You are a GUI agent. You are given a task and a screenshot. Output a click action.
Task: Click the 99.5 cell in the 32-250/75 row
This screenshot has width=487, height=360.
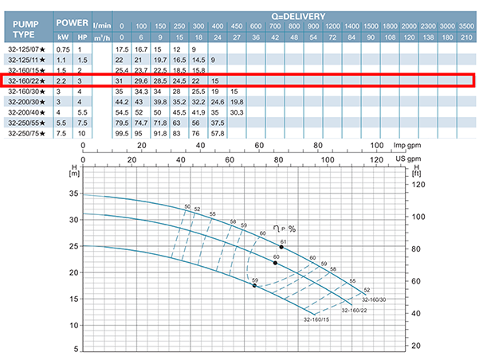(x=122, y=133)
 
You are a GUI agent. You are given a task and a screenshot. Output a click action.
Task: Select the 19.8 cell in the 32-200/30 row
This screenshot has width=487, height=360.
(x=237, y=102)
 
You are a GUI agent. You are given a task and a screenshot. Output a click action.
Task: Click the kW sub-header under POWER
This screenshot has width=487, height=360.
(x=63, y=37)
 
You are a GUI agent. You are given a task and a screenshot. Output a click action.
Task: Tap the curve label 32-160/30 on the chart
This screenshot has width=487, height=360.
(x=373, y=299)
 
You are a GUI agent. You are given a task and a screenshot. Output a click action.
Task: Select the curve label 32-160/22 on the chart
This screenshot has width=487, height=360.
(x=354, y=310)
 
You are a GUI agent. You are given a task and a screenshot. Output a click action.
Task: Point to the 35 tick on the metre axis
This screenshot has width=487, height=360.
(x=74, y=194)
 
